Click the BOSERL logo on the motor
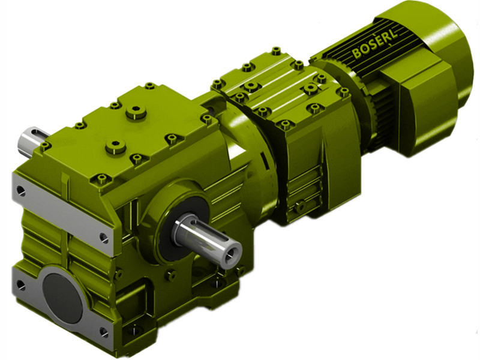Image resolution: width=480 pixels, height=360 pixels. tap(374, 43)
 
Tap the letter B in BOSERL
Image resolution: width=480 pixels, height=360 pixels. tap(356, 52)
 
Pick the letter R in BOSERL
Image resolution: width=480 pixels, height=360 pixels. tap(387, 37)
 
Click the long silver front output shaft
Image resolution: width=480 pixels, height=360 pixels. tap(208, 241)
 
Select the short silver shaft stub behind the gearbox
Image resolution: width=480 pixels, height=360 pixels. tap(31, 142)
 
